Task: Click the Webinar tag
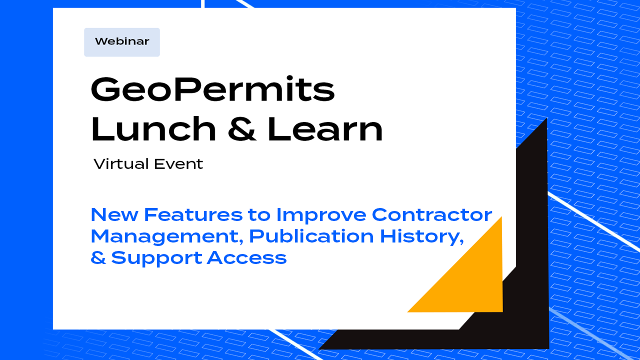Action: (122, 42)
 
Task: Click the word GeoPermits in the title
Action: (212, 90)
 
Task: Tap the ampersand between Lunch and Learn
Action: (242, 129)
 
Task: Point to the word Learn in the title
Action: (325, 129)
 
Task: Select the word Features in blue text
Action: (193, 214)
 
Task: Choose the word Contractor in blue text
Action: (432, 214)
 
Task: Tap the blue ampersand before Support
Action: (98, 258)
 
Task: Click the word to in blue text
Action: (258, 215)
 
